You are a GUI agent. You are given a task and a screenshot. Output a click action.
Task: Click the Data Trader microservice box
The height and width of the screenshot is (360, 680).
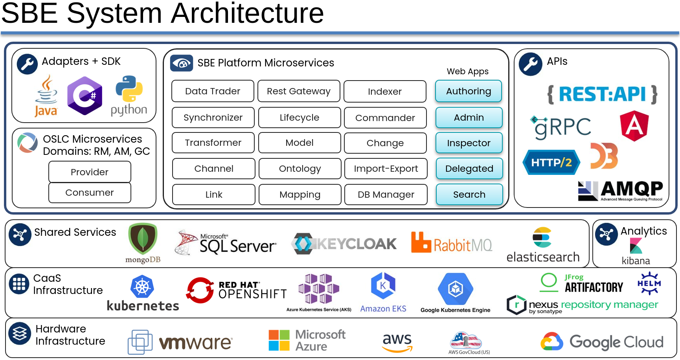[213, 91]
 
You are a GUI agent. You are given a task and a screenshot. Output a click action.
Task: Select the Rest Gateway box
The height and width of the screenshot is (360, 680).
[299, 91]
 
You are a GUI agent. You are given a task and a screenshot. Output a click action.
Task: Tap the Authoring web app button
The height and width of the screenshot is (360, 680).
[469, 91]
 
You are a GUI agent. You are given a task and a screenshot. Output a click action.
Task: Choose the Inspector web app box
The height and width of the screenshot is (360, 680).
[469, 143]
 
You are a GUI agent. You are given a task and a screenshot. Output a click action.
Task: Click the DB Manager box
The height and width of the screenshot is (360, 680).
[386, 195]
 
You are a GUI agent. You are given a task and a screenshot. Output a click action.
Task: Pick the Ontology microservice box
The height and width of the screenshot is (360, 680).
[300, 169]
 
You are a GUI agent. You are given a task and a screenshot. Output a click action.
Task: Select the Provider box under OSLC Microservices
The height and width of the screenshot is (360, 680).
[90, 172]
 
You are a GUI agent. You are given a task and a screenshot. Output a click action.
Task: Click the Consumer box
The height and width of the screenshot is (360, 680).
[90, 193]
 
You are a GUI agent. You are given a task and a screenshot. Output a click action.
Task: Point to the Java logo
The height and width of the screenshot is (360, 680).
[46, 96]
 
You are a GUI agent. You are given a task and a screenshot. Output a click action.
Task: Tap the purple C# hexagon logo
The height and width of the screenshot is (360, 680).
[85, 96]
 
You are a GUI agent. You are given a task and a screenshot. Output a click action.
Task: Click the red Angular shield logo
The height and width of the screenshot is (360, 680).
[634, 126]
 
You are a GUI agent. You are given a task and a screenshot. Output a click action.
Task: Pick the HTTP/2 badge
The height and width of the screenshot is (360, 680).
[551, 162]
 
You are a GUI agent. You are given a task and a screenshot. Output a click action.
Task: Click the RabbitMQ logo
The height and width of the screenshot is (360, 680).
[451, 244]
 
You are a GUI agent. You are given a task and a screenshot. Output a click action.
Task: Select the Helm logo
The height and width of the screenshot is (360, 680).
[649, 283]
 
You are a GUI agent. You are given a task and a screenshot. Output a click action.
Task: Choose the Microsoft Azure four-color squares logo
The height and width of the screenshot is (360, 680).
[279, 340]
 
